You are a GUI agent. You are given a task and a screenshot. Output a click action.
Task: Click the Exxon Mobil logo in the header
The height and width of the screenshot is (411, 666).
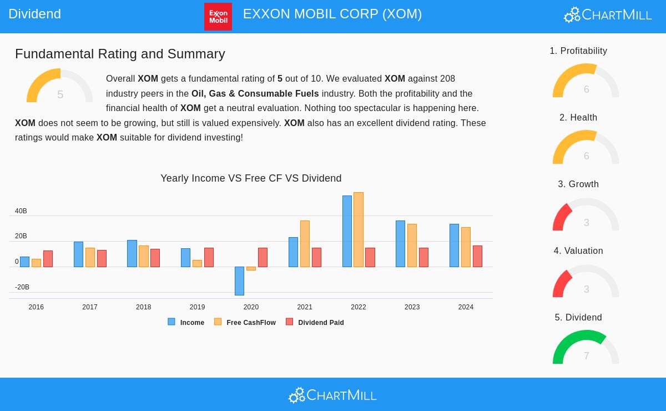218,16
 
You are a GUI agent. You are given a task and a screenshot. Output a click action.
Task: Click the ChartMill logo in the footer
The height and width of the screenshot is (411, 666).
332,395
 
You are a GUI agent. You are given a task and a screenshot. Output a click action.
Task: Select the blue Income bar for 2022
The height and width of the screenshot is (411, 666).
347,231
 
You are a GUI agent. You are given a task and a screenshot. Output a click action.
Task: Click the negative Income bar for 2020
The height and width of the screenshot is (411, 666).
239,280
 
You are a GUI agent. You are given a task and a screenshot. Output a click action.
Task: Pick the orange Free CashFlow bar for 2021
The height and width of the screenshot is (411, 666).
305,244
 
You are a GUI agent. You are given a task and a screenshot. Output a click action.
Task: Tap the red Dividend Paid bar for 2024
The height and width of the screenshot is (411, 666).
477,256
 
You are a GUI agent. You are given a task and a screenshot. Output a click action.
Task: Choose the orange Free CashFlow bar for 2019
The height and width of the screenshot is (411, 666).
197,263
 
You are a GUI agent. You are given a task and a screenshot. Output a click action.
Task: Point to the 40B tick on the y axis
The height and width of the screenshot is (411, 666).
21,211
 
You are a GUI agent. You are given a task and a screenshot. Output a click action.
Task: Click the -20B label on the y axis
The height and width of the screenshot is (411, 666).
22,287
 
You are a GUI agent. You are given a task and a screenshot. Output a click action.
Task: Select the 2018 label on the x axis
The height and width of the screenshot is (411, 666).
143,307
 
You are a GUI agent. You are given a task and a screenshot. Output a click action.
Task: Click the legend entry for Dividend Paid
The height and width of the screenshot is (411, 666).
315,322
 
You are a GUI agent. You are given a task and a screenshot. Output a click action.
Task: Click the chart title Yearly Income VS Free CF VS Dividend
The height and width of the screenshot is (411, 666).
251,178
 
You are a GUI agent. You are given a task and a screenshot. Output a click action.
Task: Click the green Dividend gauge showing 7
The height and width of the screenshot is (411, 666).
586,347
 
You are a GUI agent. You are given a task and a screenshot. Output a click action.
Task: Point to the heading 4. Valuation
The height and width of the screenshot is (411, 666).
578,251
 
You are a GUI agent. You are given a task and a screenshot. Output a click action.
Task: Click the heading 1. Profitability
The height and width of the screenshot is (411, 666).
578,51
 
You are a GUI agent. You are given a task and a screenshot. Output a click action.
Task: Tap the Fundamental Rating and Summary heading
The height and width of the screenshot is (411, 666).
120,54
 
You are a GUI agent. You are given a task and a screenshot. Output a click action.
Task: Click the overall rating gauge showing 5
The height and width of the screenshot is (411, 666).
60,86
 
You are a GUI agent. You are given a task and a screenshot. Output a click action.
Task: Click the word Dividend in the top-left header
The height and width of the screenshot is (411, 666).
34,14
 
